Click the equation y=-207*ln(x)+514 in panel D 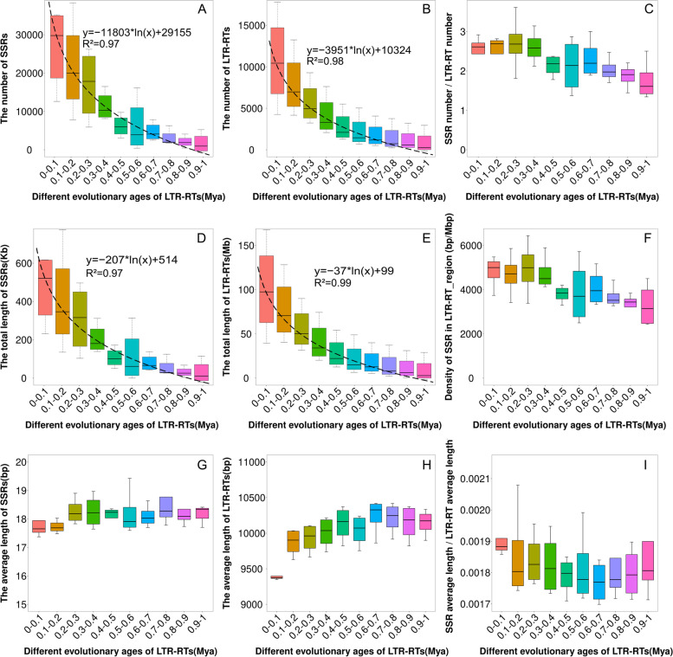[x=133, y=259]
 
